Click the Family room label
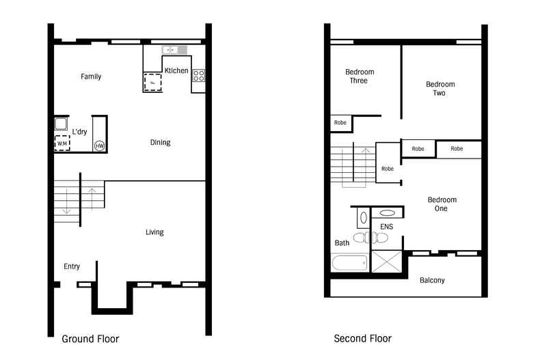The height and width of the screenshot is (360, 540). point(91,77)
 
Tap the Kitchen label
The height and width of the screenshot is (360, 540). point(176,70)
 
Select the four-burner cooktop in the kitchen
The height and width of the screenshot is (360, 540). point(198,75)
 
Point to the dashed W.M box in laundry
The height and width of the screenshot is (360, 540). point(62,143)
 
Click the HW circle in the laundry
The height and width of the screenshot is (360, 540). point(100,146)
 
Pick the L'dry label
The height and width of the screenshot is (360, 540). point(79,132)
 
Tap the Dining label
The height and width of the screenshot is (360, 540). point(160,142)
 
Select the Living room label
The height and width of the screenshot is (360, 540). point(154,232)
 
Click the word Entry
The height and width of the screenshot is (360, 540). point(72,266)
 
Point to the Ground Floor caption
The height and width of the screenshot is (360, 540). point(90,339)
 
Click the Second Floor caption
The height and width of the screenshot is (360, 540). point(363,339)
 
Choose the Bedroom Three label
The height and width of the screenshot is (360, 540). point(359,76)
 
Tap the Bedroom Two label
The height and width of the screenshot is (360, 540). point(440,88)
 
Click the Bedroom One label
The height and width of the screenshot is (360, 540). point(442,204)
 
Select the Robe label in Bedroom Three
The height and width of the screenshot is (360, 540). point(340,122)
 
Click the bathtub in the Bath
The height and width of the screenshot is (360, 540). point(349,263)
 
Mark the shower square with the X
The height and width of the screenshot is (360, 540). point(387,262)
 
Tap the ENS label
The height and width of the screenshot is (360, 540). point(386,227)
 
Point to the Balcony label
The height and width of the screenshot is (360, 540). point(432,281)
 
